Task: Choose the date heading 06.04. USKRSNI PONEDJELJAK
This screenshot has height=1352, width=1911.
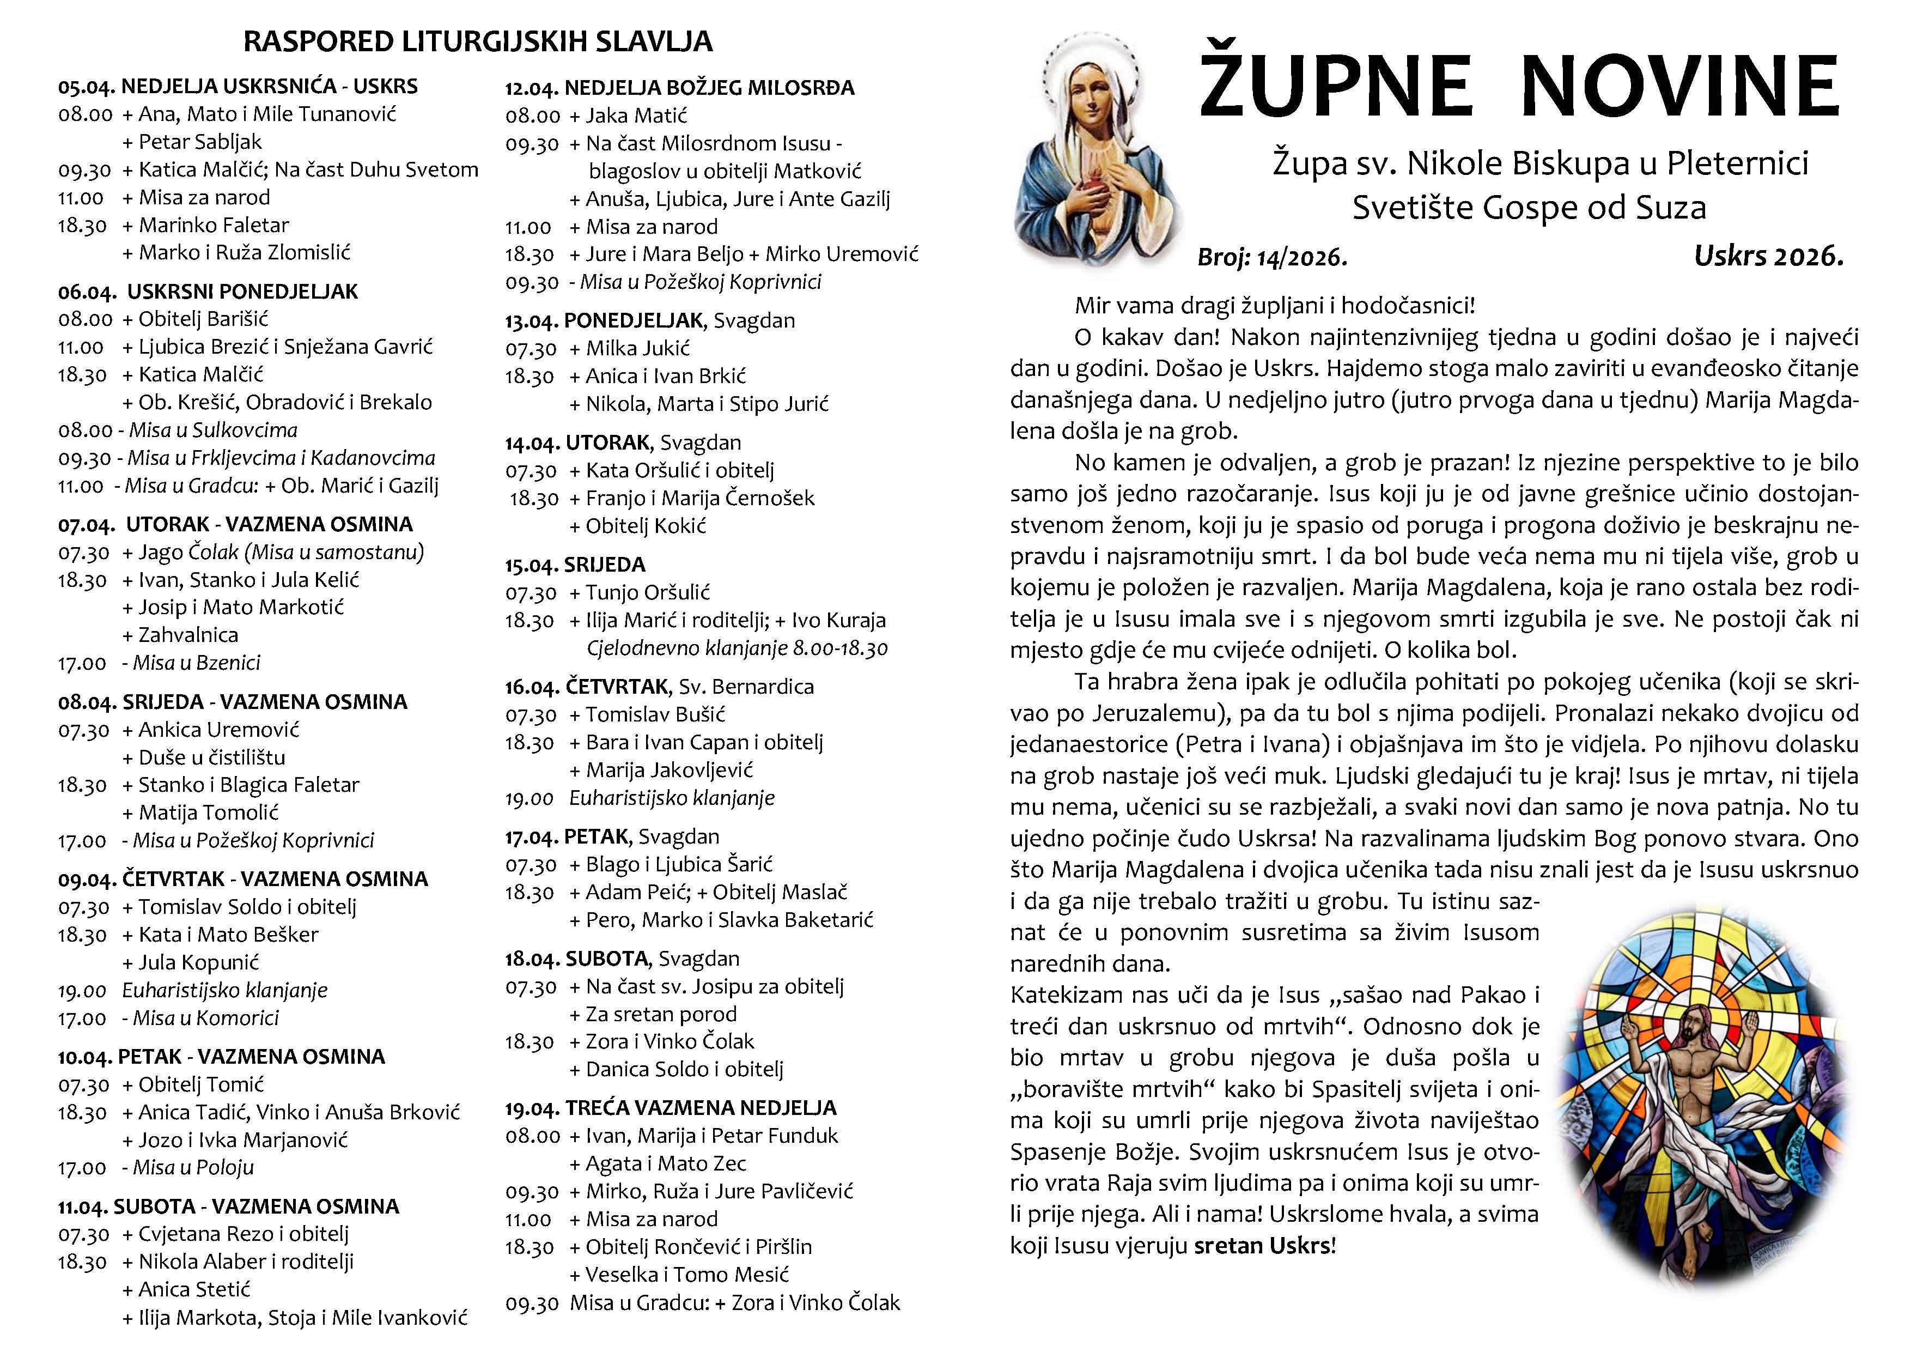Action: coord(208,292)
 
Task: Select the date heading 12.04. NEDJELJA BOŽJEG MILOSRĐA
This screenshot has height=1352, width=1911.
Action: coord(679,87)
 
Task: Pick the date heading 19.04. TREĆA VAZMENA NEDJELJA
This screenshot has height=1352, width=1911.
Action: coord(670,1108)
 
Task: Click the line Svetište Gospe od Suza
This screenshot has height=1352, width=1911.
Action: coord(1528,207)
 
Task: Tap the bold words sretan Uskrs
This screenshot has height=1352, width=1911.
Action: coord(1263,1246)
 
